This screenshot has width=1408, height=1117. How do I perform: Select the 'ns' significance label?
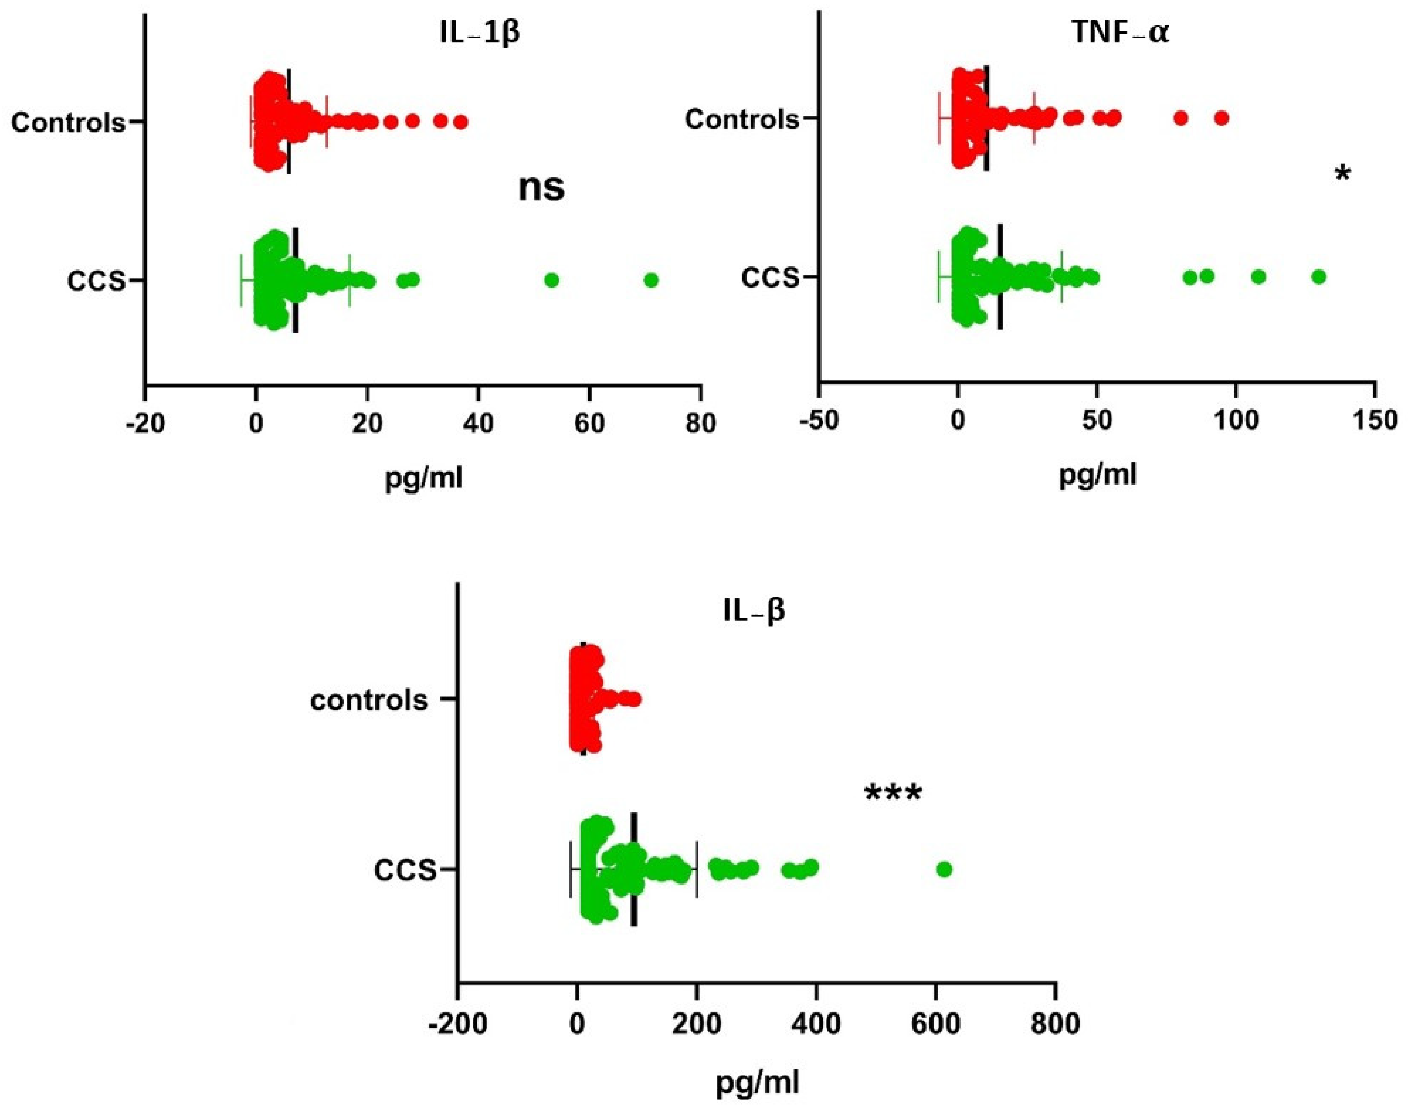point(541,187)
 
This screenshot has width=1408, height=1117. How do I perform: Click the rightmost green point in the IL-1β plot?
point(650,280)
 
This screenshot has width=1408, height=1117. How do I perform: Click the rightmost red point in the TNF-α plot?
point(1222,118)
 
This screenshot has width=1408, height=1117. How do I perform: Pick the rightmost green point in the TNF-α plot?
point(1319,277)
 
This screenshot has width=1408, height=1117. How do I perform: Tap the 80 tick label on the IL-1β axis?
point(701,424)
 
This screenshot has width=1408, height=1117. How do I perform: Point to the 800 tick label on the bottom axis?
point(1055,1023)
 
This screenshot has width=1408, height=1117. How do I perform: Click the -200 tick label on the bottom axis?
point(457,1023)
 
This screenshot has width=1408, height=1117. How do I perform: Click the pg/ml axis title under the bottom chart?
point(758,1083)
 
